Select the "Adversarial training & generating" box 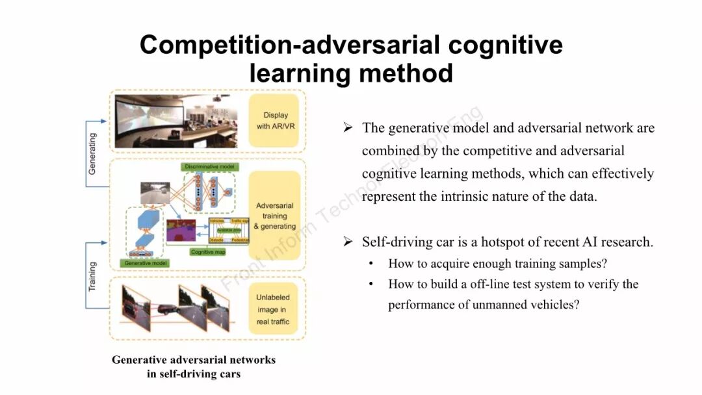pos(274,216)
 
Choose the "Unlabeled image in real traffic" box pos(273,309)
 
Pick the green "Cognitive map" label pos(208,251)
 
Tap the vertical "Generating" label pos(92,153)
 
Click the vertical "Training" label pos(92,276)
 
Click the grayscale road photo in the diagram pos(155,192)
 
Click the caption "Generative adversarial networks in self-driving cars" pos(194,366)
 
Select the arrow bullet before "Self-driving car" pos(348,242)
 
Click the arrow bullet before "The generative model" pos(348,127)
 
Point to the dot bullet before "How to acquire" pos(371,264)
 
